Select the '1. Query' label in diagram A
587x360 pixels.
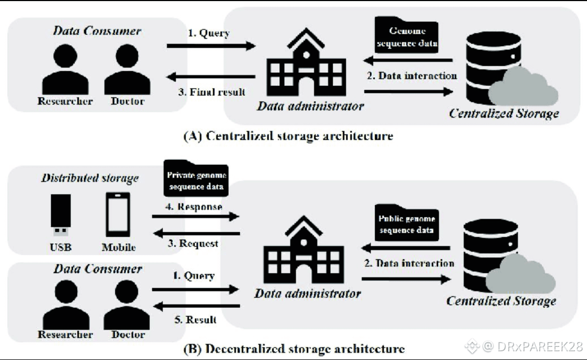pyautogui.click(x=208, y=33)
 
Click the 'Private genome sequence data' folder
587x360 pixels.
pyautogui.click(x=196, y=180)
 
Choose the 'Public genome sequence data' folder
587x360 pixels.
pyautogui.click(x=407, y=224)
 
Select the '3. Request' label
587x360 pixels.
pyautogui.click(x=192, y=243)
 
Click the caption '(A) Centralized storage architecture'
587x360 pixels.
pyautogui.click(x=288, y=135)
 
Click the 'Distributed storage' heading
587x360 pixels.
pyautogui.click(x=90, y=178)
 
